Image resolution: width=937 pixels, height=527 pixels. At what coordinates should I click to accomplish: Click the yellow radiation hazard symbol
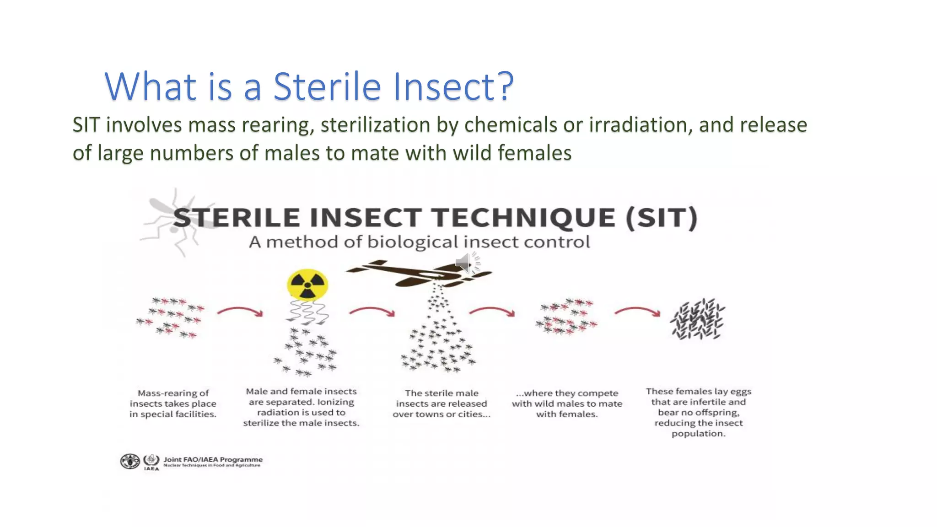pyautogui.click(x=307, y=285)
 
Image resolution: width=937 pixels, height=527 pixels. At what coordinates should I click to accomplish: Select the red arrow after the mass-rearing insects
pyautogui.click(x=240, y=312)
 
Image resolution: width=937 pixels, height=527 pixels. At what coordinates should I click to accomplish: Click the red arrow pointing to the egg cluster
pyautogui.click(x=637, y=312)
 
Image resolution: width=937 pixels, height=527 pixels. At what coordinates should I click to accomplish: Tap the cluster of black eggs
pyautogui.click(x=697, y=319)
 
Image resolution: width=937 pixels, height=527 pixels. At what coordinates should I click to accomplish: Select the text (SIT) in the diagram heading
pyautogui.click(x=662, y=218)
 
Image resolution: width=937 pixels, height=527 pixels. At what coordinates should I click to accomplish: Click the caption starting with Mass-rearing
pyautogui.click(x=173, y=403)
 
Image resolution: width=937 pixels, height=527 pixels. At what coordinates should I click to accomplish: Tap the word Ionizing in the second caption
pyautogui.click(x=335, y=402)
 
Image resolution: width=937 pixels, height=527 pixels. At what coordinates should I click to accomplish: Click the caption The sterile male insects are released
pyautogui.click(x=441, y=403)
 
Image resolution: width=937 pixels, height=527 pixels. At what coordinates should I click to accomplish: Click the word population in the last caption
pyautogui.click(x=698, y=433)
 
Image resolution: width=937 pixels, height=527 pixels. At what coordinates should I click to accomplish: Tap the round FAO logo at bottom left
pyautogui.click(x=130, y=461)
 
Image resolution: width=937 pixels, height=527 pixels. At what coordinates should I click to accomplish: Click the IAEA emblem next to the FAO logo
pyautogui.click(x=151, y=460)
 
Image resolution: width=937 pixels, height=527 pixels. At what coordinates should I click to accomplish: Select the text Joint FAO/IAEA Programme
pyautogui.click(x=213, y=459)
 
